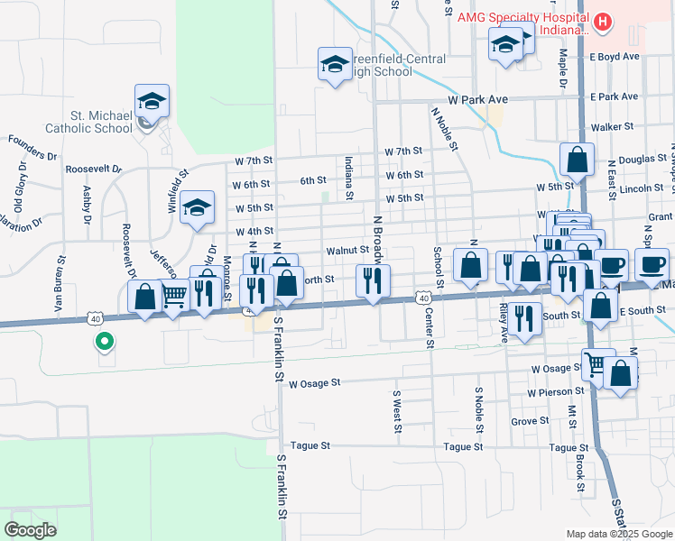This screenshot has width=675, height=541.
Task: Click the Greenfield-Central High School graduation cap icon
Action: coord(335,64)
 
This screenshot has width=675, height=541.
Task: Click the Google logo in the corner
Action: coord(31,530)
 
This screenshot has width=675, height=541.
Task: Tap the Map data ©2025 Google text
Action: coord(618,534)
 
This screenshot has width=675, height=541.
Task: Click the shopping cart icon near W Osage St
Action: coord(595,364)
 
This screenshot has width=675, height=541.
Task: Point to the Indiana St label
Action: coord(348,178)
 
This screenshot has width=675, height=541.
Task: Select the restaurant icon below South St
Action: coord(523,317)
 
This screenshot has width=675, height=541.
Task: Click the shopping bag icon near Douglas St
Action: coord(576,160)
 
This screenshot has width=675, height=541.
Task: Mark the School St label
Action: coord(438,268)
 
